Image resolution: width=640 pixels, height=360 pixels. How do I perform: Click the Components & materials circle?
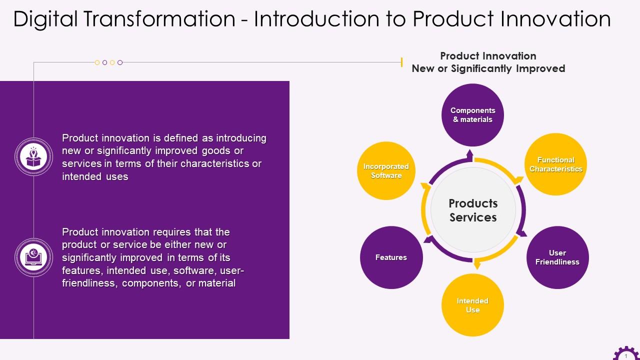(472, 115)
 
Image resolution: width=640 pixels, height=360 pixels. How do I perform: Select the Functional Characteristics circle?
(555, 164)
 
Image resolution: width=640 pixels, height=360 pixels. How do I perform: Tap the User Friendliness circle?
(557, 257)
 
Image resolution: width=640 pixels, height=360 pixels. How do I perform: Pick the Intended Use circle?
(472, 305)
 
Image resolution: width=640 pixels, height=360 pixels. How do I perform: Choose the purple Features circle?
(391, 257)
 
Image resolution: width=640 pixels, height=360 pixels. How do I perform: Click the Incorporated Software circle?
(386, 171)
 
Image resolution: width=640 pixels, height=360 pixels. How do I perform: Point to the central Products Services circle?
(473, 210)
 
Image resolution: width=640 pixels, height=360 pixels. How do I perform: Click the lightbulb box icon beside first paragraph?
(33, 157)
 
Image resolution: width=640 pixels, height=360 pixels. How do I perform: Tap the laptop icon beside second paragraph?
(33, 257)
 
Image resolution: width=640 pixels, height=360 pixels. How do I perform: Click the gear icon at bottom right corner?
(625, 354)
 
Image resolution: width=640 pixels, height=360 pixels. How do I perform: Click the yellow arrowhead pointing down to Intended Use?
(476, 265)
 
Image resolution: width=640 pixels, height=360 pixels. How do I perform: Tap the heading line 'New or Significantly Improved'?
(488, 68)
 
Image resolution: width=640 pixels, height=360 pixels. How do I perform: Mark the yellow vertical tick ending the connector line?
(401, 62)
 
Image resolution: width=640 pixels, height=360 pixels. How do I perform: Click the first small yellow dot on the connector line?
(97, 62)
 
